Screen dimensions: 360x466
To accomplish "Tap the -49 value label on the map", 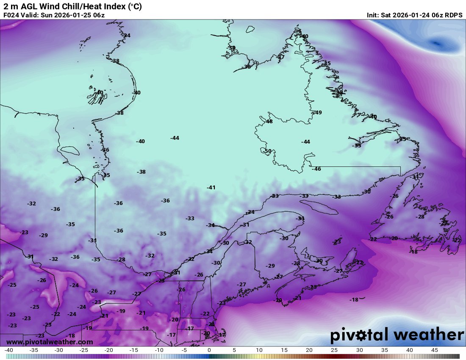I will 318,112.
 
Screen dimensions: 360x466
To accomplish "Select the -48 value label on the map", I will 269,122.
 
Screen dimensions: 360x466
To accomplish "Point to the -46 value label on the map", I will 316,169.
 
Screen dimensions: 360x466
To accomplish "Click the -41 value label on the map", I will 211,187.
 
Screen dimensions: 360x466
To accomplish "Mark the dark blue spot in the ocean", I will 436,43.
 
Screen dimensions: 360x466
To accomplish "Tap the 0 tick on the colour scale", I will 209,350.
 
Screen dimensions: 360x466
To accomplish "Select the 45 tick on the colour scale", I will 434,350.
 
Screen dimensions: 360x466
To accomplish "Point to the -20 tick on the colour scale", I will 108,350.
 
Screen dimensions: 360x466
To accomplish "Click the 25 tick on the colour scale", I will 334,350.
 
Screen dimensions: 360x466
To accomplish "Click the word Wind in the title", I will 50,6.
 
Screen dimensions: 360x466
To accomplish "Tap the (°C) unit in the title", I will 133,6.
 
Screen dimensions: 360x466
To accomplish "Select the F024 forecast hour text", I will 11,15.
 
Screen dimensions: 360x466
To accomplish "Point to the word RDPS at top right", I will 454,15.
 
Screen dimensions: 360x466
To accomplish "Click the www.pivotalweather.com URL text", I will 50,342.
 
